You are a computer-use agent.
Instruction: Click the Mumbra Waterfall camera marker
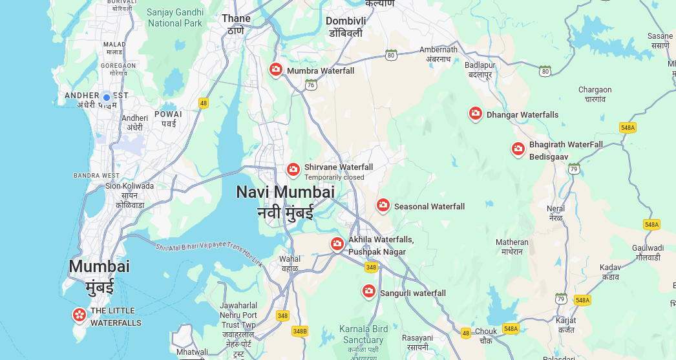click(276, 69)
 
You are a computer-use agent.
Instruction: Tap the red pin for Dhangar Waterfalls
click(476, 114)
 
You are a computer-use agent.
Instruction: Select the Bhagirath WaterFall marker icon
click(518, 149)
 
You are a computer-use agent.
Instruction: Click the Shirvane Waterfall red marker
click(293, 169)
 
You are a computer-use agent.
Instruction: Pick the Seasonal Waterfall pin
click(383, 206)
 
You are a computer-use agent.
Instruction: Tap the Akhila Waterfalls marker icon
click(337, 244)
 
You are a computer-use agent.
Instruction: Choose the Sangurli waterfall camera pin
click(369, 291)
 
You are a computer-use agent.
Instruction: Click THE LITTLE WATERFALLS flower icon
click(79, 315)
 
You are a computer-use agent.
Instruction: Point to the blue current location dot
click(107, 98)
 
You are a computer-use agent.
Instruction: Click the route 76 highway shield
click(312, 85)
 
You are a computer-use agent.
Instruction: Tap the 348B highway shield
click(300, 331)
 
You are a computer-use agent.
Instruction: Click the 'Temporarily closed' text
click(334, 178)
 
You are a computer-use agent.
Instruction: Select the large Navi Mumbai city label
click(285, 192)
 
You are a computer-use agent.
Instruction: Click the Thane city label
click(236, 19)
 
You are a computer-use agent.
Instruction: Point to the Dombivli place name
click(346, 21)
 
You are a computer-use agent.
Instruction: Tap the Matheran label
click(512, 242)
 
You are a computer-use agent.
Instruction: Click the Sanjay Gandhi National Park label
click(174, 17)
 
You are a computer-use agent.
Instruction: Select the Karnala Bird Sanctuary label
click(364, 334)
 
